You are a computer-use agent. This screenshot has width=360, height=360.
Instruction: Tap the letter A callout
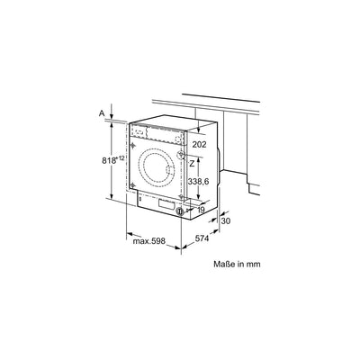[x=102, y=114]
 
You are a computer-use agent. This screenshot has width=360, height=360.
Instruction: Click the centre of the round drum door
[x=159, y=170]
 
